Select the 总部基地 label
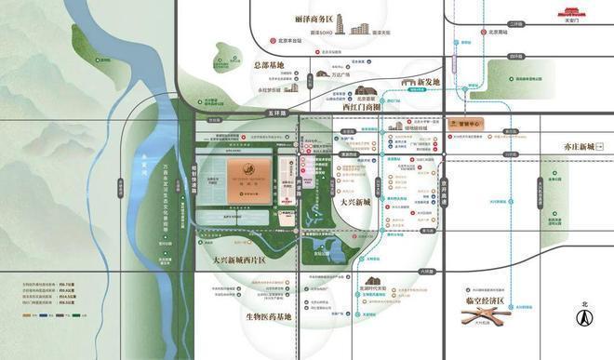(274, 66)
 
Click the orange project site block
(250, 177)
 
